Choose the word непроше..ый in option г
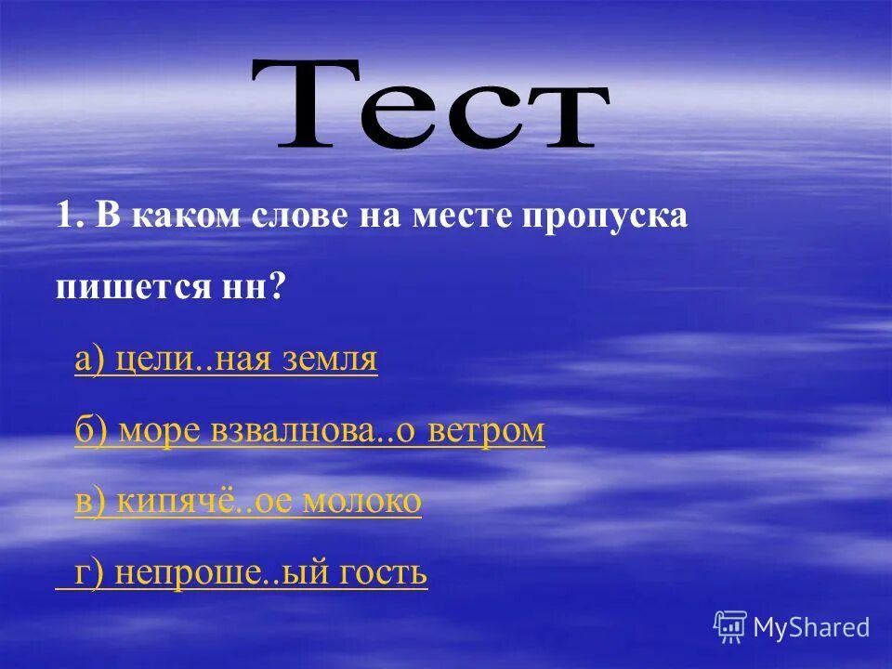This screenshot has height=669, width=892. coord(223,573)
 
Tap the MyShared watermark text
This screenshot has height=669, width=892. coord(811,628)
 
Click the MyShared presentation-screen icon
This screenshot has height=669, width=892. coord(730,627)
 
